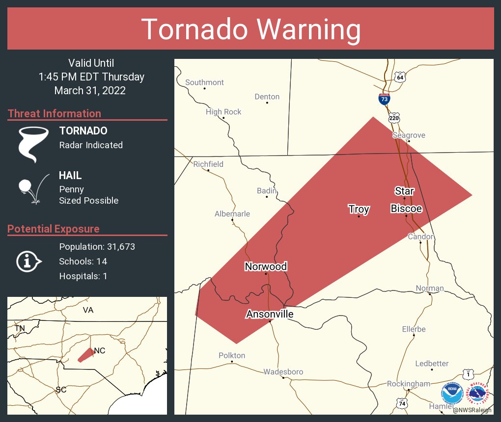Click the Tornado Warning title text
(x=250, y=29)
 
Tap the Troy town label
(x=359, y=209)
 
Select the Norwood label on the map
(x=266, y=266)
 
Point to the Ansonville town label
(x=270, y=314)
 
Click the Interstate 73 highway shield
(x=384, y=99)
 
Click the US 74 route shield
(x=402, y=402)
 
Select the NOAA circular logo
(x=452, y=394)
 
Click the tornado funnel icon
(x=33, y=144)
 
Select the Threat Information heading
(x=55, y=113)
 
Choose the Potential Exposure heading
(x=54, y=229)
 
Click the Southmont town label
(x=204, y=82)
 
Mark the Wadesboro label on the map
(x=283, y=372)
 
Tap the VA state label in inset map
(x=88, y=310)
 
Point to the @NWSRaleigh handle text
(x=472, y=410)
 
